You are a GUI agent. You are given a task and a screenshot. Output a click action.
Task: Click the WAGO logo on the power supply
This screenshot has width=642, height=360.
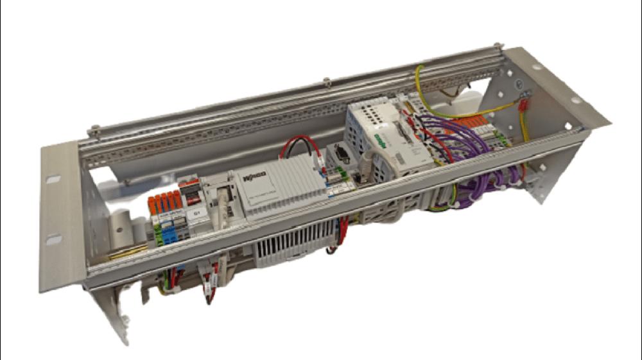click(256, 175)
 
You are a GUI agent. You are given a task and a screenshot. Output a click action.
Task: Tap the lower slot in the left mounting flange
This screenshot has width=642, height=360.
click(55, 239)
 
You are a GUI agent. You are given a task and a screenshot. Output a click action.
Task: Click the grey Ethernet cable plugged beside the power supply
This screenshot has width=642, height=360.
click(221, 209)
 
